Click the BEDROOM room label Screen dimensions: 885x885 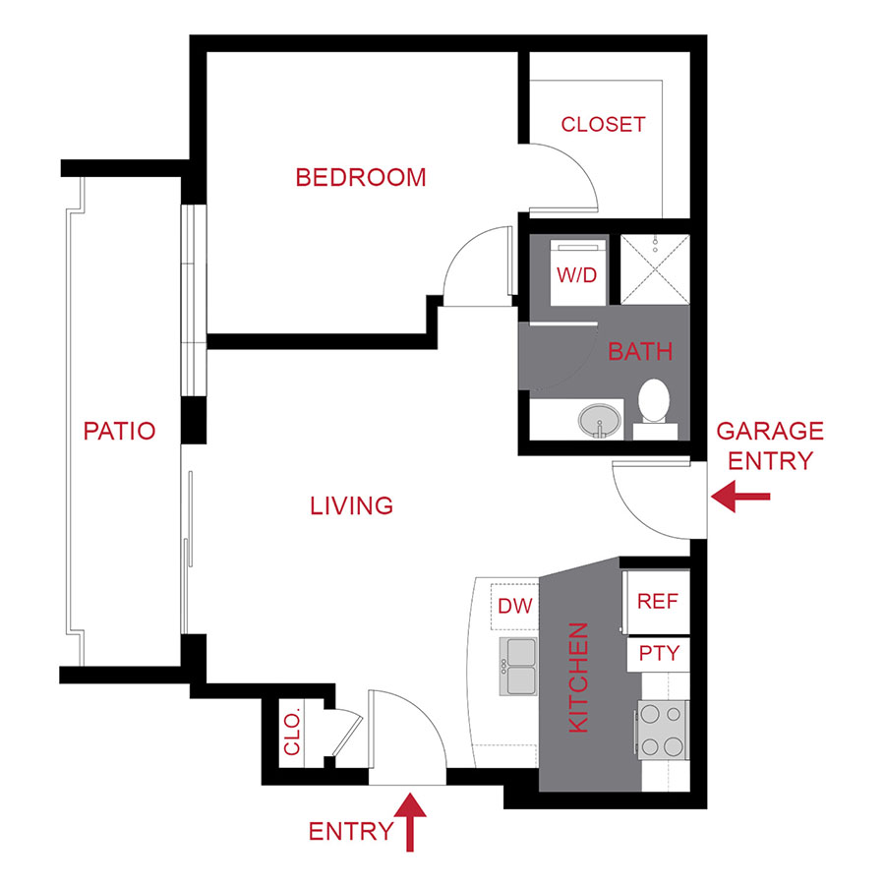(361, 178)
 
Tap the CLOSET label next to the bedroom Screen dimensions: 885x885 (603, 125)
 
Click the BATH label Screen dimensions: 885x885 (640, 351)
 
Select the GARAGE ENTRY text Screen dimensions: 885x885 (769, 445)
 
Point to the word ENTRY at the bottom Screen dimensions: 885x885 (350, 832)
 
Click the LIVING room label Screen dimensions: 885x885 (351, 506)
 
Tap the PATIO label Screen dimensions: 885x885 (119, 431)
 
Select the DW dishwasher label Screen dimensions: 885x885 (515, 606)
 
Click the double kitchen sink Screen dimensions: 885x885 (518, 665)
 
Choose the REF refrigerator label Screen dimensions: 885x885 (657, 602)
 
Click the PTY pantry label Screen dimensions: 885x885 (658, 653)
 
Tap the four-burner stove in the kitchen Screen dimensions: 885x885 (661, 730)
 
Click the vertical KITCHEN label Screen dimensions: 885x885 (579, 677)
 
